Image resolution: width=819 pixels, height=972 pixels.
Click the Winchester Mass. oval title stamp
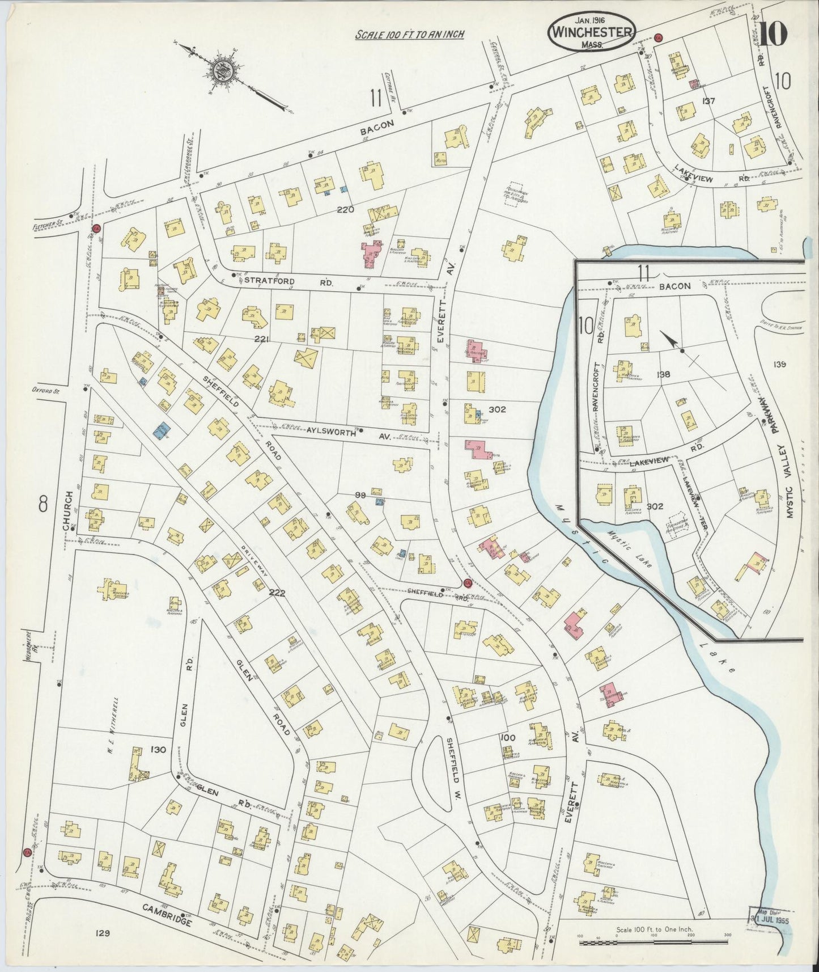click(591, 31)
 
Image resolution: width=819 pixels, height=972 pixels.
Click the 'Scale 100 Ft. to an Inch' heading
click(409, 35)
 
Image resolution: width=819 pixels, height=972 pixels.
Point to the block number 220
click(345, 209)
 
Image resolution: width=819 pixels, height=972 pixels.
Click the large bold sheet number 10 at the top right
click(774, 35)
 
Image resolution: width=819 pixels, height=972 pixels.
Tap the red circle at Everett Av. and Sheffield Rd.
click(468, 583)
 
